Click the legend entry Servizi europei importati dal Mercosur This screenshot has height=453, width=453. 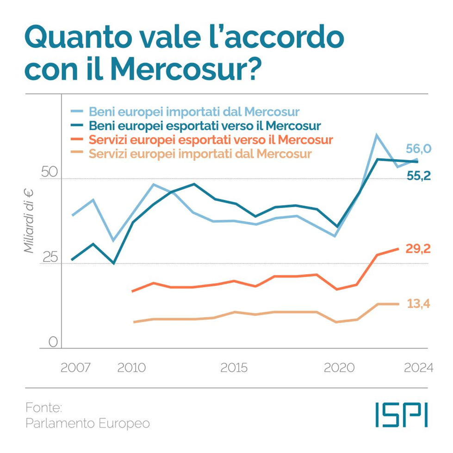point(200,153)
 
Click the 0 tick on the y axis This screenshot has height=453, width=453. point(53,342)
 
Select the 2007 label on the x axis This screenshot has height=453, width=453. point(76,368)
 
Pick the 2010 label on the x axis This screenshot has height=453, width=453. point(132,368)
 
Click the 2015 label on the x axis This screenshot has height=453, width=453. point(234,368)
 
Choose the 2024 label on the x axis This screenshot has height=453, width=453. point(418,368)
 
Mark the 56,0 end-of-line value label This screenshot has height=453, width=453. point(419,149)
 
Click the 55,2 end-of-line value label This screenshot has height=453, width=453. point(419,175)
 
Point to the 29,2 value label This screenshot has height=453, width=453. point(419,249)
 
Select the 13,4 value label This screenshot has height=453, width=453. point(419,304)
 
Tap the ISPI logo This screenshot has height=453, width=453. point(402,414)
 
